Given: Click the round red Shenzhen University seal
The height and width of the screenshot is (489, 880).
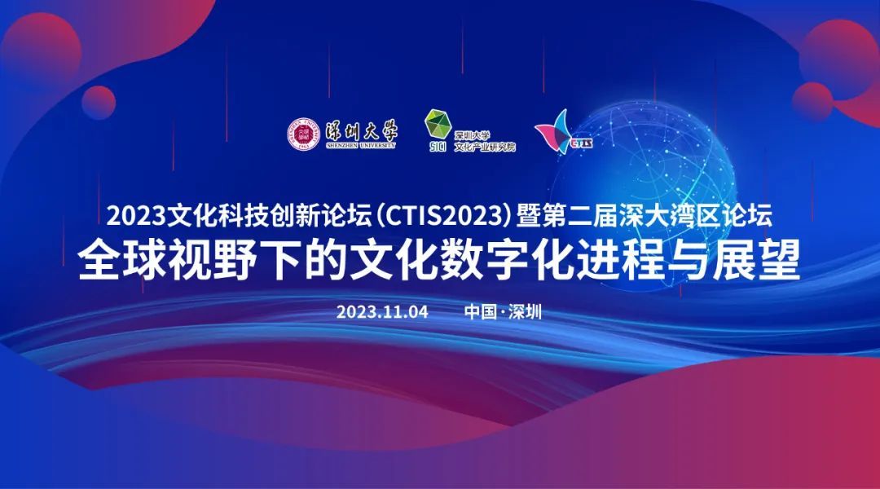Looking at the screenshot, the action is [x=304, y=134].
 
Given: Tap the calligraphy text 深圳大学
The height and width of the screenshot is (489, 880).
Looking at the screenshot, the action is [x=361, y=131].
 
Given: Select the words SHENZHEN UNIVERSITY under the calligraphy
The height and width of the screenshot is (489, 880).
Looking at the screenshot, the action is [x=361, y=145].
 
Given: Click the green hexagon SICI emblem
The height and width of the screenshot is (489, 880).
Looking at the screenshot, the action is [x=438, y=125].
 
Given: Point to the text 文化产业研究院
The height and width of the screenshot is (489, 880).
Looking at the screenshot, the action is [x=485, y=147].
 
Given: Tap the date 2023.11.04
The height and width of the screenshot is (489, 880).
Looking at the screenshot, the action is [x=382, y=311].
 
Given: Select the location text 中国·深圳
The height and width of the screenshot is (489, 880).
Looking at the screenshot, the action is [x=503, y=311].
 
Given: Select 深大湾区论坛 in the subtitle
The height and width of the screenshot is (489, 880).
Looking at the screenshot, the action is [x=695, y=216].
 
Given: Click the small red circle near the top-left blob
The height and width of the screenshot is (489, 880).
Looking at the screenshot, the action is [x=99, y=103].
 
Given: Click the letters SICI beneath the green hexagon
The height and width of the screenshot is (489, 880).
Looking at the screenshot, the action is [x=438, y=147].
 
